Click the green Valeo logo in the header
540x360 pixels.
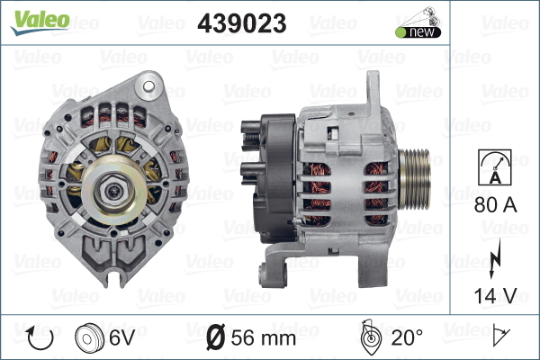(40, 22)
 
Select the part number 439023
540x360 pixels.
(242, 23)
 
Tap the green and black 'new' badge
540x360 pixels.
(418, 22)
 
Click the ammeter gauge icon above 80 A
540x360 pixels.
(495, 167)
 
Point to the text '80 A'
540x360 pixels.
(495, 205)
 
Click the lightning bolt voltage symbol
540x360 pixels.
(494, 258)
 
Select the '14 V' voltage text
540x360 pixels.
(495, 296)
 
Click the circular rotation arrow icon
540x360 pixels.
(40, 338)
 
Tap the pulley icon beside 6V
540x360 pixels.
(89, 338)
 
